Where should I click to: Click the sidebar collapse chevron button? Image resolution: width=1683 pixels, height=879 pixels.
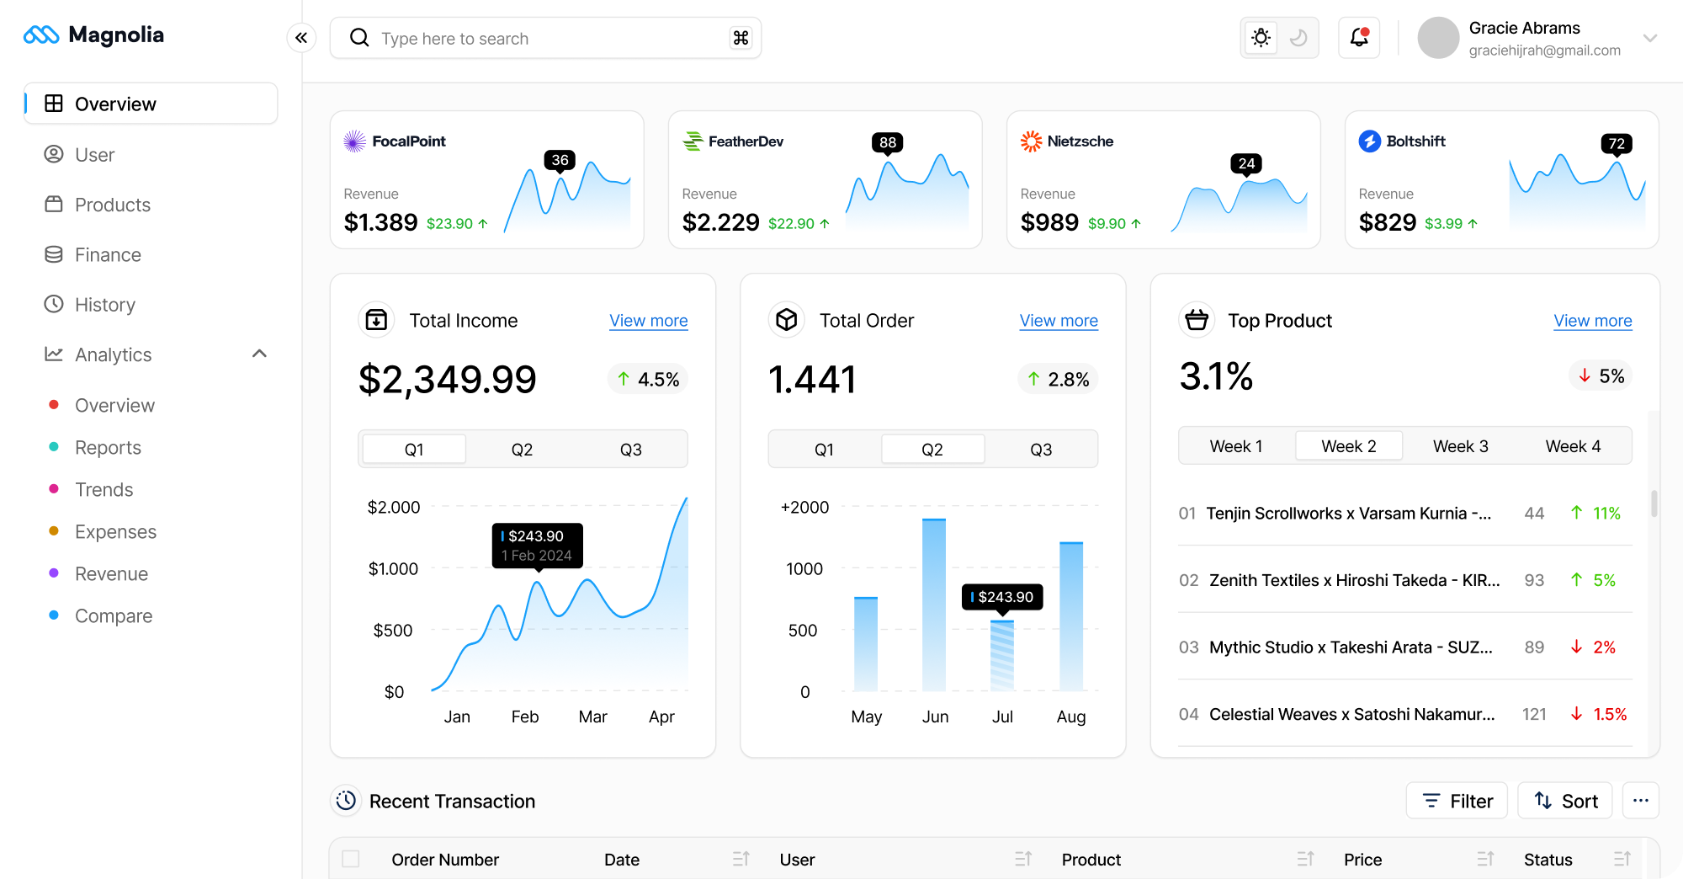pyautogui.click(x=301, y=38)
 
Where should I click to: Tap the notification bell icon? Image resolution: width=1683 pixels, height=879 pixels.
pyautogui.click(x=1359, y=38)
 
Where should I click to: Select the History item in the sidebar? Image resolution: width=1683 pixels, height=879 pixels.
pyautogui.click(x=104, y=305)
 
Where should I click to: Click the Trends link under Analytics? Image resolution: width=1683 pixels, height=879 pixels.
pyautogui.click(x=104, y=490)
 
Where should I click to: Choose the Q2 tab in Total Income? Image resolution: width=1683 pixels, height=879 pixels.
pyautogui.click(x=522, y=450)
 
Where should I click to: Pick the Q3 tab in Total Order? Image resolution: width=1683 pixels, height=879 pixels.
pyautogui.click(x=1041, y=450)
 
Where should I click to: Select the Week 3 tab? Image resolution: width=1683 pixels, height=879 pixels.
pyautogui.click(x=1460, y=446)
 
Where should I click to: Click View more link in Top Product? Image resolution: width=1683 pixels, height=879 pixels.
pyautogui.click(x=1592, y=321)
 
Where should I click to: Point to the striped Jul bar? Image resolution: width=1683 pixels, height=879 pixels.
pyautogui.click(x=1002, y=656)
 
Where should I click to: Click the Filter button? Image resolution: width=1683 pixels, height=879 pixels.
pyautogui.click(x=1457, y=801)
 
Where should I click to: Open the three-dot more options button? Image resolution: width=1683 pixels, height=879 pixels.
pyautogui.click(x=1640, y=801)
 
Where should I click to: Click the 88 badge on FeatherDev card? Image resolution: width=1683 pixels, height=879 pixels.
pyautogui.click(x=887, y=142)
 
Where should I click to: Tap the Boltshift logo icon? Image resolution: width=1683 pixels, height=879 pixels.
pyautogui.click(x=1369, y=141)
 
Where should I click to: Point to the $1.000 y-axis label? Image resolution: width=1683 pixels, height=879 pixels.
pyautogui.click(x=393, y=569)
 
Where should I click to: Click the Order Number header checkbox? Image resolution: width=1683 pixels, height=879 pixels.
pyautogui.click(x=351, y=859)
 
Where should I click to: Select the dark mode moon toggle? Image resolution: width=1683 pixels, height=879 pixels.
pyautogui.click(x=1298, y=38)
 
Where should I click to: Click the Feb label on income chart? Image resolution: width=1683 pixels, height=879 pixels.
pyautogui.click(x=525, y=717)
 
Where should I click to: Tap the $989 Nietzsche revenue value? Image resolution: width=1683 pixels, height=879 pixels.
pyautogui.click(x=1049, y=222)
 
